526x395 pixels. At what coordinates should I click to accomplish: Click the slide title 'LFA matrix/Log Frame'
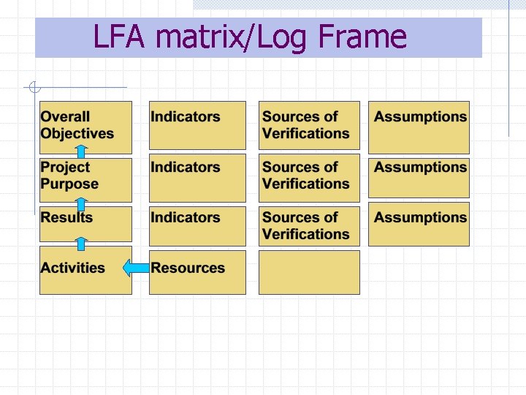pos(250,37)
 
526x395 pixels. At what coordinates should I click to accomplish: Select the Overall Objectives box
pos(85,126)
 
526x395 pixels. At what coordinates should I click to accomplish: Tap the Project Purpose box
pos(85,176)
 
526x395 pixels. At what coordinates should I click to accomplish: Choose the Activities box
pos(85,271)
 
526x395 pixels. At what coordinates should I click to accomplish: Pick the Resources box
pos(197,272)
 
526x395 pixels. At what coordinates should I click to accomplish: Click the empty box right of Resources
pos(309,272)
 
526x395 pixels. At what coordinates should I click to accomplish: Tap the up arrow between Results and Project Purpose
pos(82,203)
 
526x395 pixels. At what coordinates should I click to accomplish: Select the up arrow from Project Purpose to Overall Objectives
pos(82,152)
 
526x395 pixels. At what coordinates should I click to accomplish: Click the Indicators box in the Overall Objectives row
pos(197,126)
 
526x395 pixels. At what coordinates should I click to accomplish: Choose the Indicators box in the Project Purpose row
pos(197,178)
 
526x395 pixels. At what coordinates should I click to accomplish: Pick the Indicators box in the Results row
pos(197,225)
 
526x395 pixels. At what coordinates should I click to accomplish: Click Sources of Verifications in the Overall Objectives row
pos(309,126)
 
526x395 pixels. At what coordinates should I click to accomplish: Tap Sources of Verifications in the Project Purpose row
pos(309,176)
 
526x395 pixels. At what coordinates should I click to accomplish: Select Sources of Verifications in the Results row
pos(309,225)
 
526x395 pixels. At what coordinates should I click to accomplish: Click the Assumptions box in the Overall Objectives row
pos(419,127)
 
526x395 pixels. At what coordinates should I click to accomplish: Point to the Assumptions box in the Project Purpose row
pos(419,176)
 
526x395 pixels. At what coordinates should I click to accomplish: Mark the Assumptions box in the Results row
pos(419,225)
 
